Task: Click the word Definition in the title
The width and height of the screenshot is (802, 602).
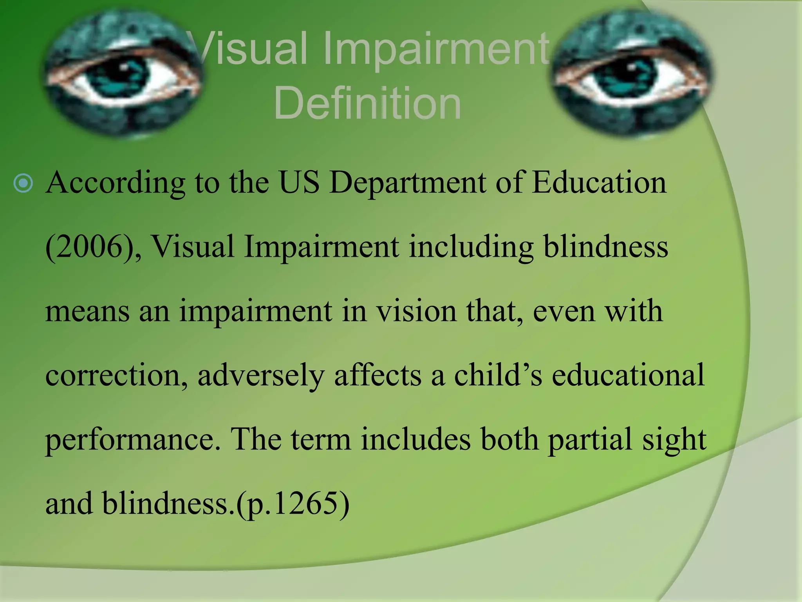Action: [367, 103]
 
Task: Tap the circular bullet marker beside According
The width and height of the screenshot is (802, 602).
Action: [23, 183]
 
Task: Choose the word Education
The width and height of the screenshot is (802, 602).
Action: [599, 183]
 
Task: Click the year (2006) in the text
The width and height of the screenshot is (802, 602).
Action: [94, 247]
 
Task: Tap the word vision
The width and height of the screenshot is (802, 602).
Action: [416, 311]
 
